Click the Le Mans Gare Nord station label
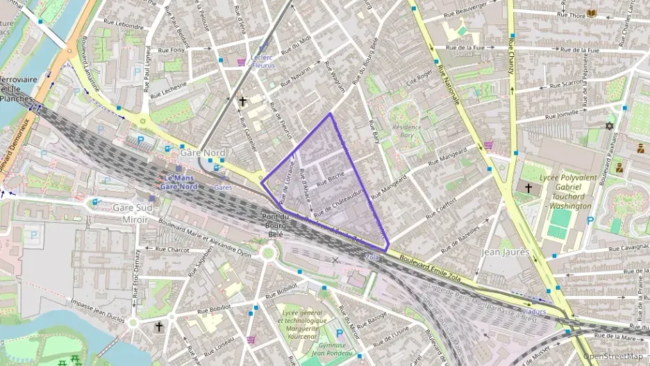click(x=180, y=182)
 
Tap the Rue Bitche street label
click(x=331, y=180)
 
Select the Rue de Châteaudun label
click(x=339, y=201)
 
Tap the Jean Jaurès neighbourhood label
click(x=505, y=252)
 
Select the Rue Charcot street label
click(x=172, y=248)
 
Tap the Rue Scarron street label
click(x=567, y=83)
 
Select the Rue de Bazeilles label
click(x=461, y=240)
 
